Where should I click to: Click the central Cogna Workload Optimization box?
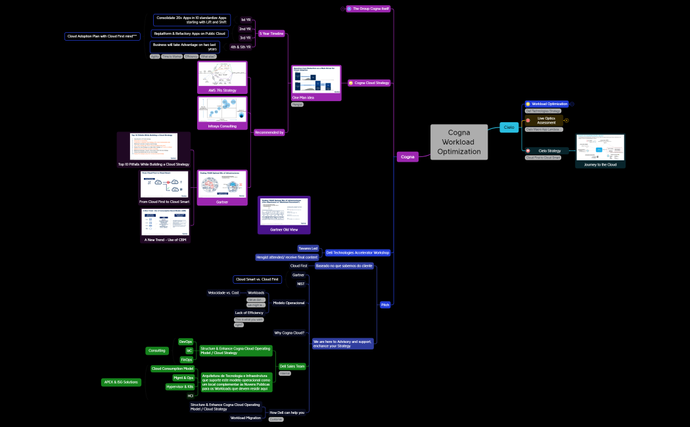coord(460,142)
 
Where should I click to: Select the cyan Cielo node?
coord(509,127)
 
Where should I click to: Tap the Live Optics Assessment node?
coord(545,120)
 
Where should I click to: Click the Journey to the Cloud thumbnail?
coord(600,151)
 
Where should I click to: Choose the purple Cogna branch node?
coord(407,156)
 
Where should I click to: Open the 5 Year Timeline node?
coord(271,33)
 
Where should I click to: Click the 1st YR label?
coord(245,20)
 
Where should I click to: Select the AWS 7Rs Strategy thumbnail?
coord(222,78)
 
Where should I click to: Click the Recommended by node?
coord(269,132)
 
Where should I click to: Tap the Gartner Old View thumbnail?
coord(284,214)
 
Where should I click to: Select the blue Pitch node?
coord(386,305)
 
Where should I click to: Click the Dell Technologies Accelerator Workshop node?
coord(358,252)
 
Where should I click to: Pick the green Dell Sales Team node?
coord(292,366)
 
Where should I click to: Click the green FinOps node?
coord(187,359)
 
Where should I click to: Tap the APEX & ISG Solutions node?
coord(121,382)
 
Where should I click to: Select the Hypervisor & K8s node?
coord(180,386)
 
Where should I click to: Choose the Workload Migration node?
coord(246,418)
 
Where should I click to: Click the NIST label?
coord(300,284)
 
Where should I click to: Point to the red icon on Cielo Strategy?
coord(528,151)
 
